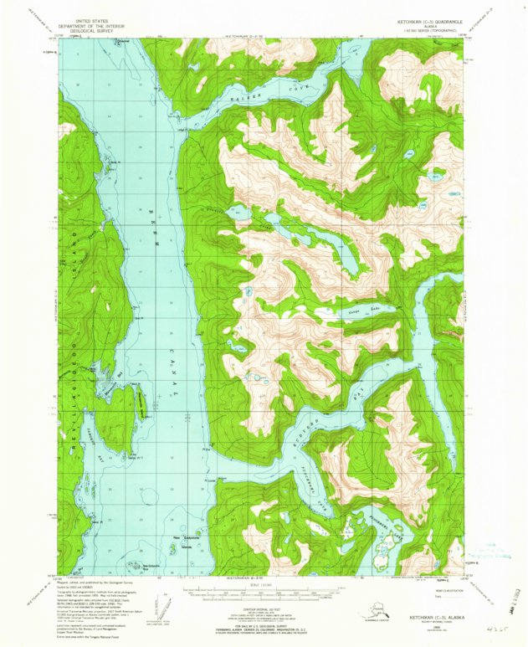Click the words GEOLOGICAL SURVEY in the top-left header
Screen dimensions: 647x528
pos(95,28)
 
